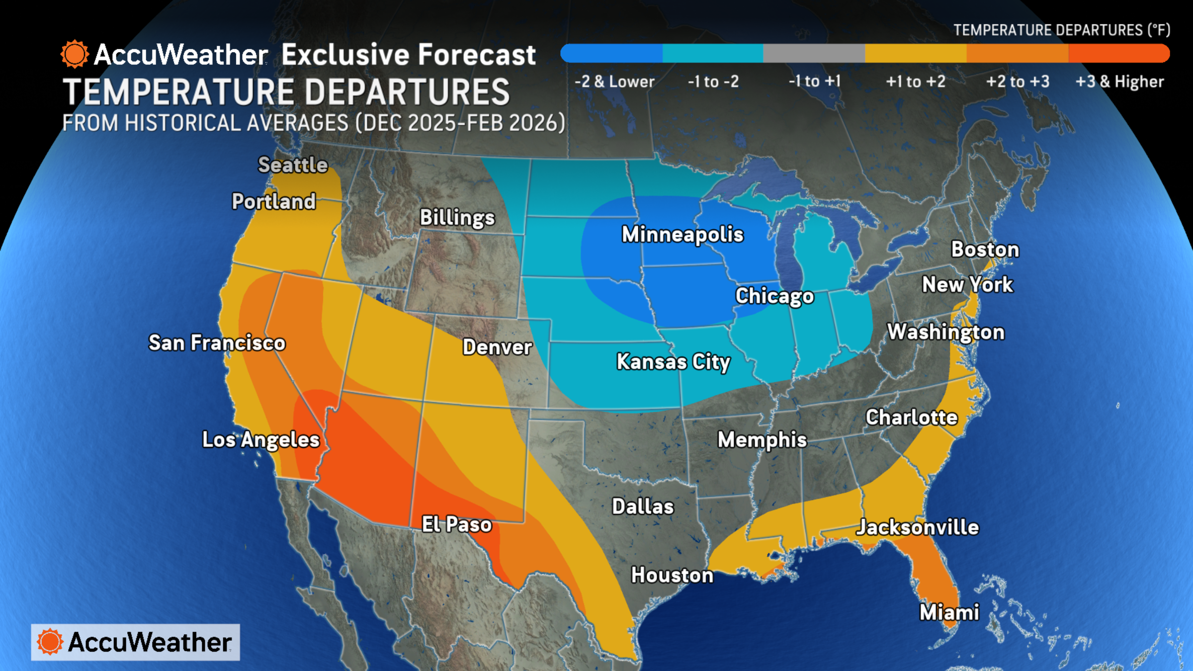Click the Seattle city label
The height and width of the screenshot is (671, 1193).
(x=293, y=165)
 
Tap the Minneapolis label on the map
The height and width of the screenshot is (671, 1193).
(x=682, y=234)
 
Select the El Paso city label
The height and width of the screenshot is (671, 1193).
(x=456, y=524)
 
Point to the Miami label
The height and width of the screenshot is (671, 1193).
(x=949, y=612)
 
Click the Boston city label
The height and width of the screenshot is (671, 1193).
(x=985, y=250)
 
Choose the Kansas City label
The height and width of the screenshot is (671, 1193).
(x=673, y=362)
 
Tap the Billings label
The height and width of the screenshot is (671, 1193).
(x=457, y=218)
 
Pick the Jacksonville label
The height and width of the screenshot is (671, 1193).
(x=917, y=527)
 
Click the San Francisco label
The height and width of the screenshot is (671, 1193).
(x=217, y=343)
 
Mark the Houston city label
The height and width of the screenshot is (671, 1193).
(x=672, y=575)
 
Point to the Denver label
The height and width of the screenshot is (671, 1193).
(x=497, y=347)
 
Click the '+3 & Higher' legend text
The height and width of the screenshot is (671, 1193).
(x=1119, y=82)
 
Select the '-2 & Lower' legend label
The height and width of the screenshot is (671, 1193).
(x=614, y=82)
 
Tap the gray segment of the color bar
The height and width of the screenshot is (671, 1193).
(x=814, y=53)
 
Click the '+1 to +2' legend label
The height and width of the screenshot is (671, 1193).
(x=916, y=82)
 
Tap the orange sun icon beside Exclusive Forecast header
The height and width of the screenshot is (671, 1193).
(x=75, y=54)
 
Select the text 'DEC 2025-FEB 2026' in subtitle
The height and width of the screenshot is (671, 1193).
(x=460, y=123)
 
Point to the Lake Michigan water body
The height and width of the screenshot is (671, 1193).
(x=787, y=249)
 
